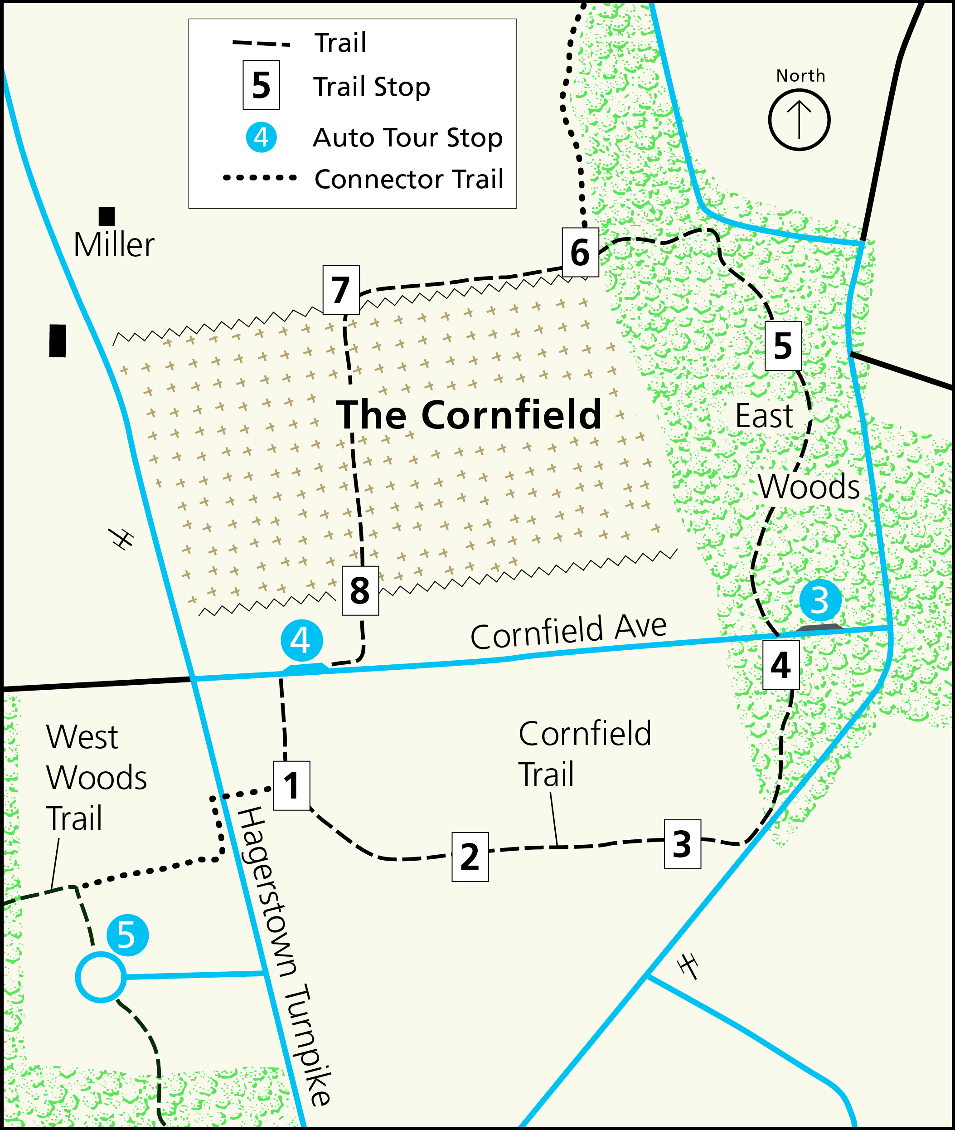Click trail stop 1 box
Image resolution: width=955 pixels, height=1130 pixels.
pyautogui.click(x=291, y=785)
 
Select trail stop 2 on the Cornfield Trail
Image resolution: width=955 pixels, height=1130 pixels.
pyautogui.click(x=470, y=857)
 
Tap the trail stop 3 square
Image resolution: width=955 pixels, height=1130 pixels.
pyautogui.click(x=682, y=844)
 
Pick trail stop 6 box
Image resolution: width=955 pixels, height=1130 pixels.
pyautogui.click(x=580, y=253)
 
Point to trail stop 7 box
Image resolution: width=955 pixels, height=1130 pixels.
pyautogui.click(x=341, y=290)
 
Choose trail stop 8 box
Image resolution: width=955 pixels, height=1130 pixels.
pyautogui.click(x=360, y=590)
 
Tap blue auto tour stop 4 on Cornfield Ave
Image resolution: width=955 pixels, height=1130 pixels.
pyautogui.click(x=301, y=640)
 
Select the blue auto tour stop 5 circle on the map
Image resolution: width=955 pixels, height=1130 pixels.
pyautogui.click(x=127, y=935)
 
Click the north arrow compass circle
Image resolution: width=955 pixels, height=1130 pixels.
pyautogui.click(x=799, y=120)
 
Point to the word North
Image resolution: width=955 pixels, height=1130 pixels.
pyautogui.click(x=801, y=76)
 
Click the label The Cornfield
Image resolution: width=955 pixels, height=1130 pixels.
pyautogui.click(x=469, y=415)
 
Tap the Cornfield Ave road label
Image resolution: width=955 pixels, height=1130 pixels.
pyautogui.click(x=568, y=632)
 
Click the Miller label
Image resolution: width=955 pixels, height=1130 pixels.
pyautogui.click(x=114, y=245)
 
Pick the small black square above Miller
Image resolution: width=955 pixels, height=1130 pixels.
pyautogui.click(x=107, y=216)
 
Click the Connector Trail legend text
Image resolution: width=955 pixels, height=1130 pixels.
pyautogui.click(x=409, y=179)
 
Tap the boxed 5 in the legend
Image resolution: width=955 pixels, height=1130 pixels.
pyautogui.click(x=261, y=85)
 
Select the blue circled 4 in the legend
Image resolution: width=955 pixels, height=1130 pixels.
pyautogui.click(x=261, y=137)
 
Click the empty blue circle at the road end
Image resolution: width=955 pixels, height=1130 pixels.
pyautogui.click(x=101, y=977)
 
